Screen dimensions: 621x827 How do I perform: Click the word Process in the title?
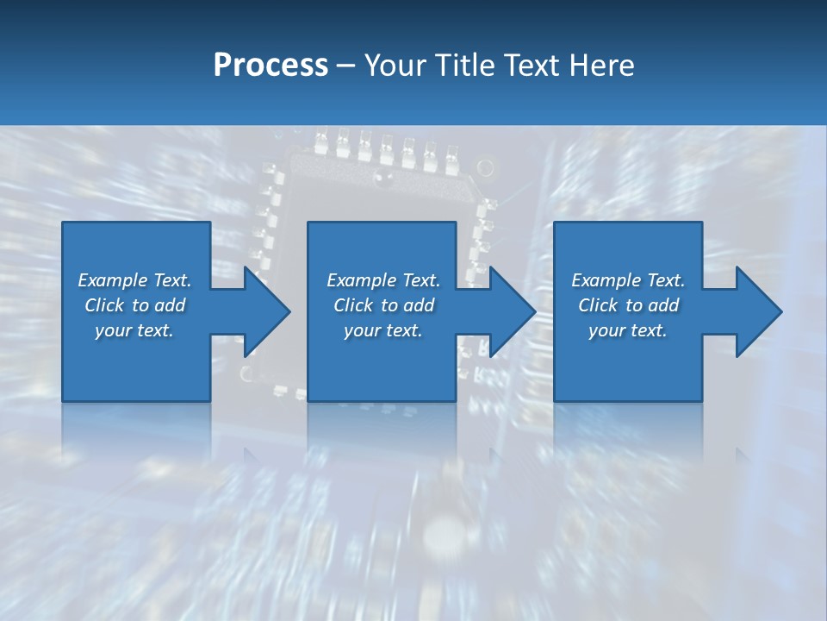coord(270,65)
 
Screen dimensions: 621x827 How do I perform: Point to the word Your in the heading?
coord(395,65)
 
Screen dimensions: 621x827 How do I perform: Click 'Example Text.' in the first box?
coord(134,280)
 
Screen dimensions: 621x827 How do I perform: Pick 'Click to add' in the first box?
coord(134,305)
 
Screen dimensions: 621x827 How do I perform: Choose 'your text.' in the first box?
coord(134,330)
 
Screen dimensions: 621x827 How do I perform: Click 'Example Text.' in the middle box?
coord(383,280)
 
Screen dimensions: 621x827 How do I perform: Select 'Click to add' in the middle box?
coord(383,305)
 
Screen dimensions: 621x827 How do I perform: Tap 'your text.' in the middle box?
coord(383,330)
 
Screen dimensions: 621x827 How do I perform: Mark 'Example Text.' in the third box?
coord(628,280)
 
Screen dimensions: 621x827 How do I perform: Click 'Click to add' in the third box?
coord(628,305)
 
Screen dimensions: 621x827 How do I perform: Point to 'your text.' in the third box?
coord(628,330)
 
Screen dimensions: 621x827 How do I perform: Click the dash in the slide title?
coord(346,66)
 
